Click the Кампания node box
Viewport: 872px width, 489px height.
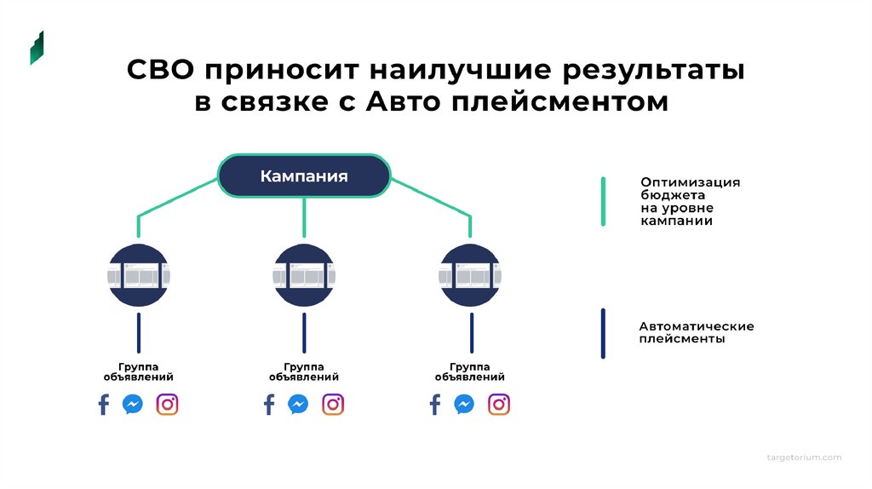pos(304,176)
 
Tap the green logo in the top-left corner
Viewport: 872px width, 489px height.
pos(37,49)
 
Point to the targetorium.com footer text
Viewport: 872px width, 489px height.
pos(803,457)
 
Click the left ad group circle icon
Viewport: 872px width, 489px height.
pos(139,275)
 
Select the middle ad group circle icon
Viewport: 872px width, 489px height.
pos(304,275)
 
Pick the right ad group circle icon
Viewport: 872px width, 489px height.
pos(470,275)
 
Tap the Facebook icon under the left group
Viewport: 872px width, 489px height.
pos(104,404)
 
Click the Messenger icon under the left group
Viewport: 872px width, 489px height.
pos(133,404)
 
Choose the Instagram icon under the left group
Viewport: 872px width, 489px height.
pos(168,404)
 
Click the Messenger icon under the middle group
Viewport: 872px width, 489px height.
pos(298,404)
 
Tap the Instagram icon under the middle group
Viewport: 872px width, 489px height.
pos(333,404)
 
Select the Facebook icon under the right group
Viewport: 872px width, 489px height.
pos(435,404)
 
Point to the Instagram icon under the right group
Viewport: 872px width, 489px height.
pos(498,404)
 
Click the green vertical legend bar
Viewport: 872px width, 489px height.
pos(603,202)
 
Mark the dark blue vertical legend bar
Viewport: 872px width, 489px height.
pos(603,333)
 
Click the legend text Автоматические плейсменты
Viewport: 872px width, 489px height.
pos(696,332)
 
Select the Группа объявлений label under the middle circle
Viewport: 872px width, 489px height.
pos(304,371)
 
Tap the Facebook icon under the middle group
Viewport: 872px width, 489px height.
pos(269,404)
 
